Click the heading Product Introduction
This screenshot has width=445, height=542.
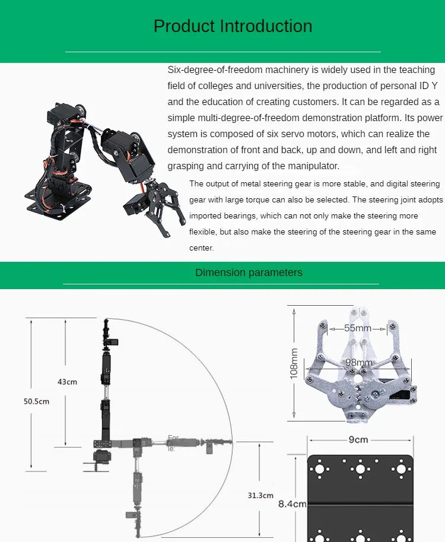233,26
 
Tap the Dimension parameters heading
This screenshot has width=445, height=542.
249,272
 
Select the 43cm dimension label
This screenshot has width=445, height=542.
67,382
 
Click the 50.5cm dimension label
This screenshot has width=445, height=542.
36,401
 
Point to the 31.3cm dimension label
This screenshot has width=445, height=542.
260,495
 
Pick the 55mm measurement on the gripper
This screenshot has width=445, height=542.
357,328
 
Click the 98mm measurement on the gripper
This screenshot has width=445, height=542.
359,363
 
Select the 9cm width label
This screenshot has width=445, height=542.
358,440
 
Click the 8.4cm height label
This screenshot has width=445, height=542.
292,504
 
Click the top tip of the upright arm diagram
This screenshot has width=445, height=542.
106,321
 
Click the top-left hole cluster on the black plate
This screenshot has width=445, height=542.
321,468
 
